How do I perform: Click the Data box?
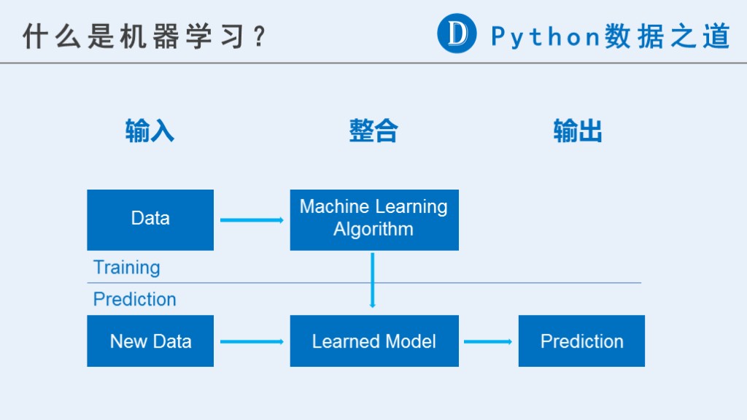pos(150,219)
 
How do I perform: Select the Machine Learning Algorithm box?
pos(374,219)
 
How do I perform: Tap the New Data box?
pos(150,341)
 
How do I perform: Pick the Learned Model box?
pos(374,341)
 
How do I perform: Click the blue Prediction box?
pos(581,341)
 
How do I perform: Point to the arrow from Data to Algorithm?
pos(252,220)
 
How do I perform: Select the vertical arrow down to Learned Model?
pos(373,280)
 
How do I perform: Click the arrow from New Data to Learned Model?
pos(252,341)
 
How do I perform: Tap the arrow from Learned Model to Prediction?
pos(488,341)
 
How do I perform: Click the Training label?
pos(127,268)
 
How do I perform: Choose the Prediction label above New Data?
pos(135,299)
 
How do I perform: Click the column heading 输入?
pos(150,131)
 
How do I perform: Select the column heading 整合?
pos(373,131)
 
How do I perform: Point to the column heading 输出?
pos(578,131)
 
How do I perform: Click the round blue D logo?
pos(457,34)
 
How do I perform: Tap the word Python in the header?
pos(545,36)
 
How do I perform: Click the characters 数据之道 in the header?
pos(667,36)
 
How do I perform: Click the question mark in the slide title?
pos(260,36)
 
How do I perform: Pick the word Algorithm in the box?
pos(373,230)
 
